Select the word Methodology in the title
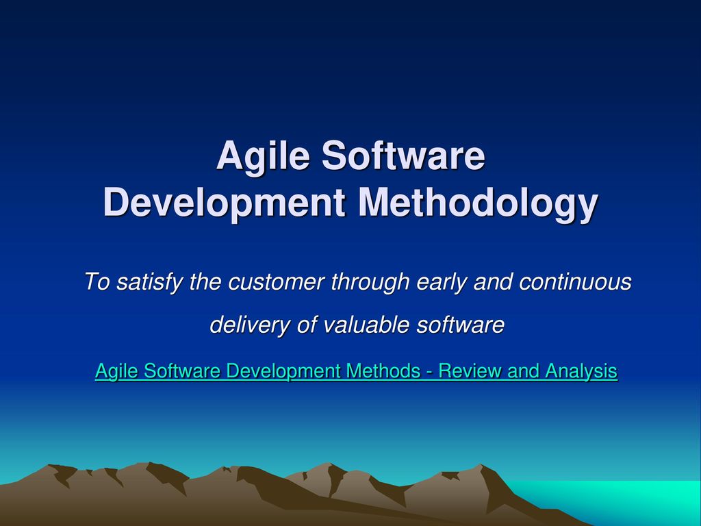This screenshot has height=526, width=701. click(x=478, y=204)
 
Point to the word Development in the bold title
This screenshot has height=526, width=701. click(x=224, y=204)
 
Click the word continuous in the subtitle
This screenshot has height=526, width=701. click(x=575, y=282)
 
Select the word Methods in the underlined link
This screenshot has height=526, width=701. click(x=383, y=371)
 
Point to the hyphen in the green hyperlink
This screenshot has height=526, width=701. click(x=429, y=373)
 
